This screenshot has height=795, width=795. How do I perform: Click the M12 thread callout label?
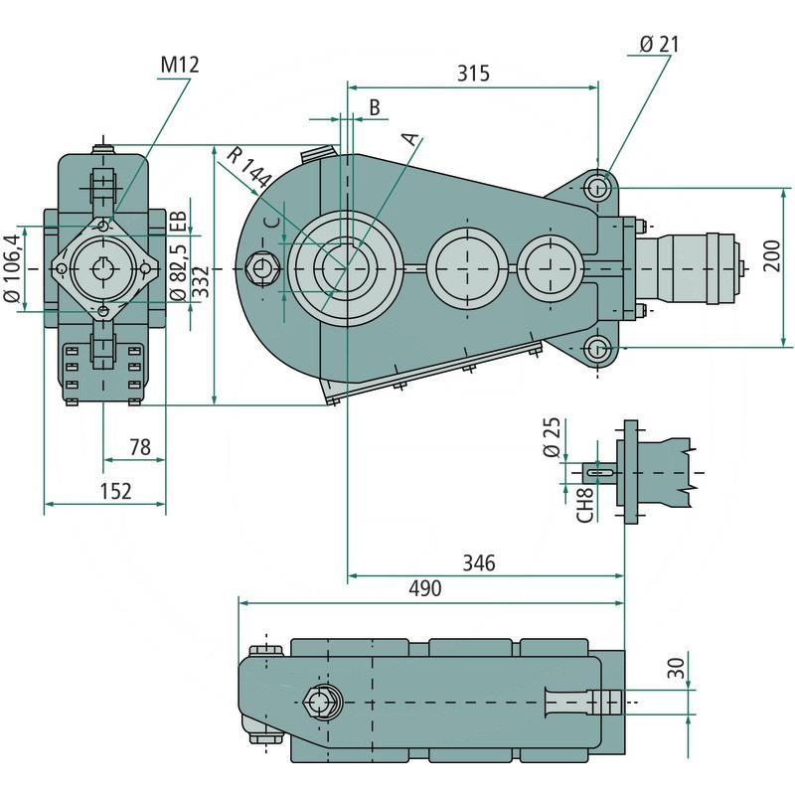click(x=180, y=65)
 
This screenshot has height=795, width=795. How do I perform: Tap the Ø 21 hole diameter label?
click(x=660, y=44)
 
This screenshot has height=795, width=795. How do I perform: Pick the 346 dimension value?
click(x=479, y=563)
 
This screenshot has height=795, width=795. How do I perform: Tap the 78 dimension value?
click(x=140, y=447)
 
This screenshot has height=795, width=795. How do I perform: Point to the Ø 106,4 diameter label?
click(x=12, y=268)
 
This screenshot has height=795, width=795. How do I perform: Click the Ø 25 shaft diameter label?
click(x=555, y=437)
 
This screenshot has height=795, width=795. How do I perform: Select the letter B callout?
click(x=375, y=106)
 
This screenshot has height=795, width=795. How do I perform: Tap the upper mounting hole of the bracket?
click(x=597, y=187)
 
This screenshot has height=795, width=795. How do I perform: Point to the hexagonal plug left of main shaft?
click(x=264, y=268)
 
